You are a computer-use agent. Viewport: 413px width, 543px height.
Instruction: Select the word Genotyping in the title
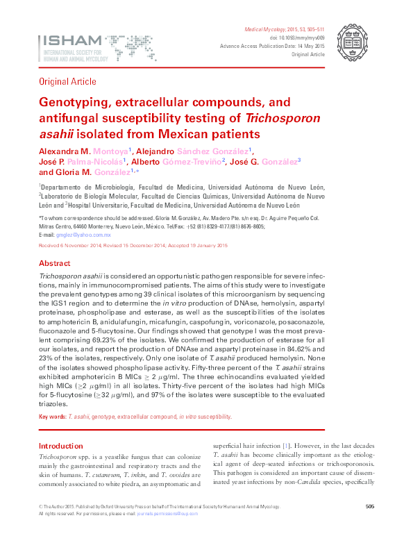[x=70, y=102]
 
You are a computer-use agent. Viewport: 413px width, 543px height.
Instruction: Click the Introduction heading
[x=61, y=446]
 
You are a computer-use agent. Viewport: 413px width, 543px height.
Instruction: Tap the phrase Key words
[x=53, y=417]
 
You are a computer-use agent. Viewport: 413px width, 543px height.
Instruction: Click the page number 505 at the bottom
[x=369, y=526]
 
